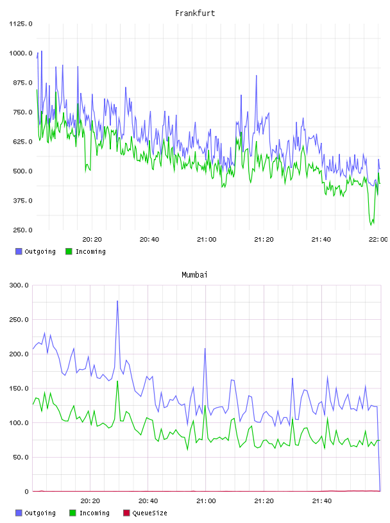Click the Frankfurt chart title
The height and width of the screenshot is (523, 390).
pos(195,13)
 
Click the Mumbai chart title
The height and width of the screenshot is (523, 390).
pos(194,275)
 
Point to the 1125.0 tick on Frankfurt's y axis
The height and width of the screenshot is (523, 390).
pos(21,24)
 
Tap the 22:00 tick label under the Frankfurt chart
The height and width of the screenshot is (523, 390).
pos(378,240)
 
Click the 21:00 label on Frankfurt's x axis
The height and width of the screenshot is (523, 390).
pos(207,240)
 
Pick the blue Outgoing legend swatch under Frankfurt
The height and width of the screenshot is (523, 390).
pos(19,251)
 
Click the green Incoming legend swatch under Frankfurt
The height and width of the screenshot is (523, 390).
pos(69,251)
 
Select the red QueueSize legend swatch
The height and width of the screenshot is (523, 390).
pos(126,513)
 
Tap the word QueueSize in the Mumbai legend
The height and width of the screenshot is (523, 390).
pos(149,513)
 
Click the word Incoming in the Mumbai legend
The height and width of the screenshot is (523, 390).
pos(94,513)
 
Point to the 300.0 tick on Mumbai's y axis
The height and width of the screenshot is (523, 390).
pos(19,285)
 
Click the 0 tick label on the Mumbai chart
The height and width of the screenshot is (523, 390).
pos(26,492)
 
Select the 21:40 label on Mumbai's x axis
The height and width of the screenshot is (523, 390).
pos(322,501)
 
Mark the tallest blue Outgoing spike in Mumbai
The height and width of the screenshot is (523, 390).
pos(117,301)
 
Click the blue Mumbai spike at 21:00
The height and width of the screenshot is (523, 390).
pos(205,349)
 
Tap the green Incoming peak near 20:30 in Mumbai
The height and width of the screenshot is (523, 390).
pos(117,381)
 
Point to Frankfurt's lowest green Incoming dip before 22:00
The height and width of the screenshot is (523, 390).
pos(371,225)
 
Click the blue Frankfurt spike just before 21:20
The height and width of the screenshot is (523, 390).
pos(257,76)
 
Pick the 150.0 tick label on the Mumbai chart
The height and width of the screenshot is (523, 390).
pos(19,388)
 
